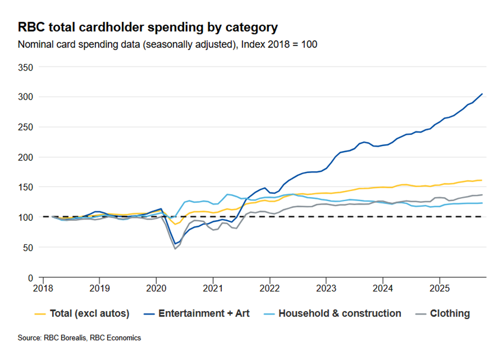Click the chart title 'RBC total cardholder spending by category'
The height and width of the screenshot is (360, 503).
click(148, 27)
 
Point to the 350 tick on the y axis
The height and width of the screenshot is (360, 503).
click(26, 67)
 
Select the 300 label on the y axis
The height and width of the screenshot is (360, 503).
click(26, 97)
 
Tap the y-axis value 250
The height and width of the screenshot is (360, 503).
click(26, 127)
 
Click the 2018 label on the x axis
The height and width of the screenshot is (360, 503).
click(43, 287)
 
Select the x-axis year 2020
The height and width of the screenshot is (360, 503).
click(156, 287)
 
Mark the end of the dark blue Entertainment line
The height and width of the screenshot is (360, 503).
click(482, 94)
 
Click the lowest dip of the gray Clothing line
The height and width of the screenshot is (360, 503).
click(175, 249)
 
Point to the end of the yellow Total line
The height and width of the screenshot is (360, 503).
click(482, 180)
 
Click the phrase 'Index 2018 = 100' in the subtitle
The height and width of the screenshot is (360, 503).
click(279, 44)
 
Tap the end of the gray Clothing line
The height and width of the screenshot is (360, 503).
click(482, 195)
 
